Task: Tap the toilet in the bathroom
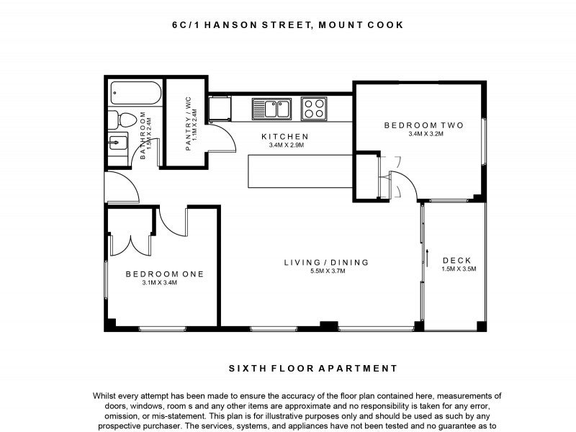coord(122,119)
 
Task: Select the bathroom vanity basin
coord(118,142)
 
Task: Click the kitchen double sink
coord(271,109)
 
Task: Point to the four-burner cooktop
coord(313,109)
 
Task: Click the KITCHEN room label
coord(284,136)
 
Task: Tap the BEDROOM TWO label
coord(423,125)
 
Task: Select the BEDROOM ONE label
coord(164,274)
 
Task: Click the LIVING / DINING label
coord(326,262)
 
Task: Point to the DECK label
coord(457,261)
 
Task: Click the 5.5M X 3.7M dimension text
coord(328,271)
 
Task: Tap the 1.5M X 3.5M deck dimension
coord(459,269)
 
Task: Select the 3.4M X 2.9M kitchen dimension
coord(286,145)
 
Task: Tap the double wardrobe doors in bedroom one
coord(131,243)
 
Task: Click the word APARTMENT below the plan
coord(363,368)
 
